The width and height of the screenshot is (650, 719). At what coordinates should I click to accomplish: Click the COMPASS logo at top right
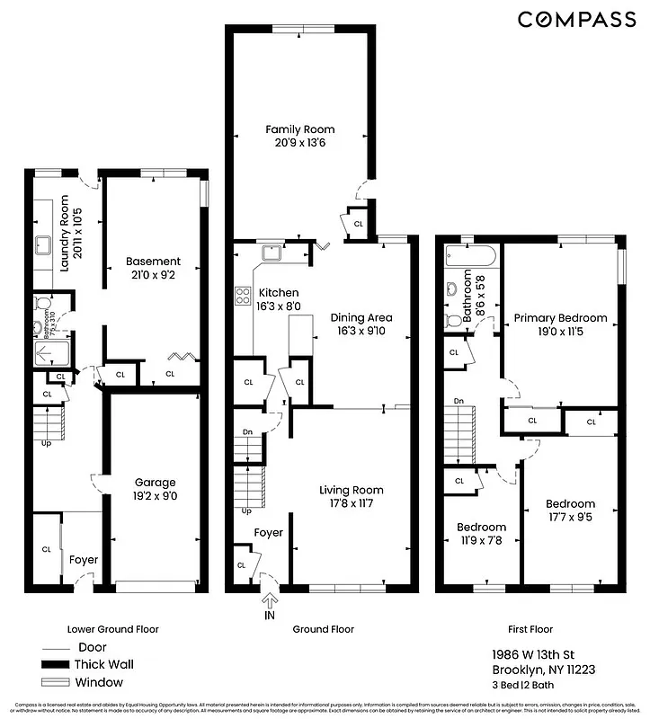(576, 20)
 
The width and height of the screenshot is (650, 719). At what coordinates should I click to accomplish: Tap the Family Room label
(299, 129)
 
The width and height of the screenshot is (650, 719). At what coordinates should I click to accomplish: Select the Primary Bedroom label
(560, 317)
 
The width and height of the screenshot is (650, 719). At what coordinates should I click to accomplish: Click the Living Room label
(352, 490)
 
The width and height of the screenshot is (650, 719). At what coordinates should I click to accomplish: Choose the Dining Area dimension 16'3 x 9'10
(361, 330)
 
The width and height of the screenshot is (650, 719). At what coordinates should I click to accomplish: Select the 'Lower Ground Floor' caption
(112, 629)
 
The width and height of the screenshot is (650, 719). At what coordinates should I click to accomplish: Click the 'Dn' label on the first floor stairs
(459, 401)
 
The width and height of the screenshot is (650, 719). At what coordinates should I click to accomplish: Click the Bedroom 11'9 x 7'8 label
(481, 527)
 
